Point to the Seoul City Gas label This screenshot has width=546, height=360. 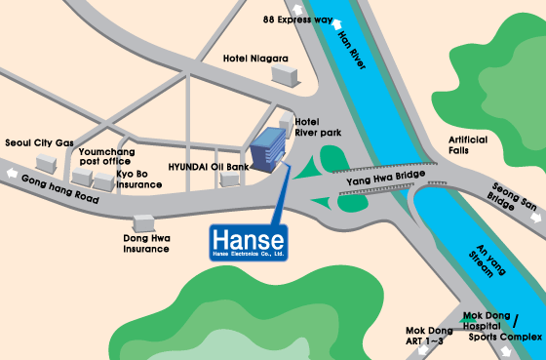click(x=39, y=142)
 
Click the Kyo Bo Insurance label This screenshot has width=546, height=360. click(x=137, y=179)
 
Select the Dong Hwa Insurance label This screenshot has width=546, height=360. click(x=146, y=243)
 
